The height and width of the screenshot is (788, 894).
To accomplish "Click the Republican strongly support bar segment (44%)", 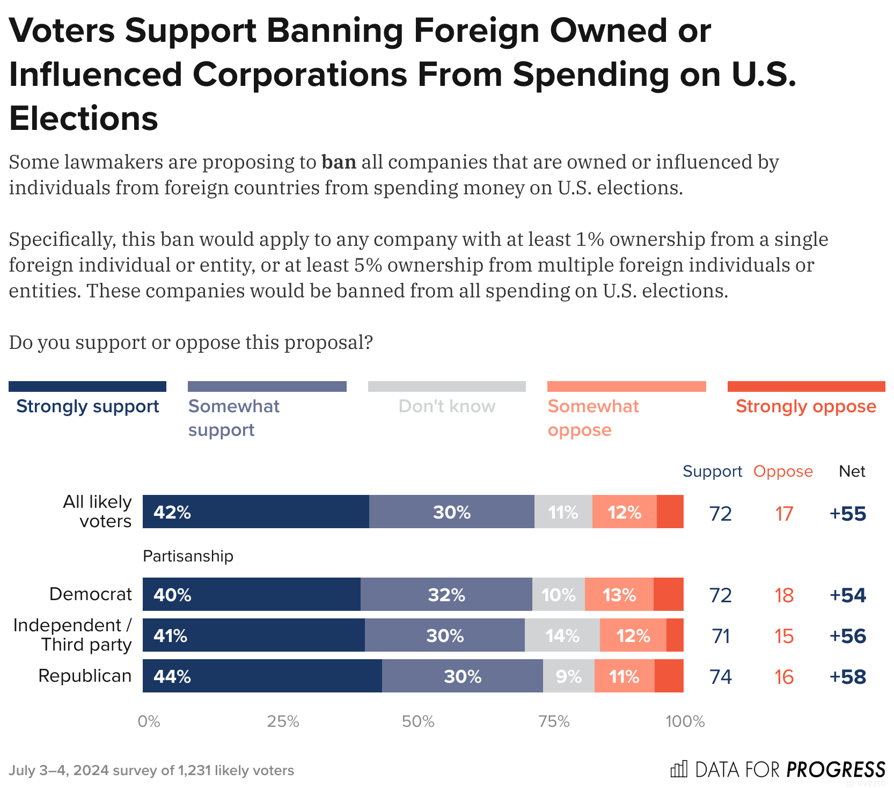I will (x=262, y=676).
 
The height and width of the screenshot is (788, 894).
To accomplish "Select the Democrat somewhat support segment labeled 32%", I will (x=446, y=594).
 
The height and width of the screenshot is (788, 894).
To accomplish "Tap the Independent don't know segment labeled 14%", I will (x=562, y=635).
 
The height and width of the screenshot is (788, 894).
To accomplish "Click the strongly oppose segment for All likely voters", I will (x=670, y=512).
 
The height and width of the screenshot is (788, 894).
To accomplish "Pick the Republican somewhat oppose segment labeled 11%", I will (x=624, y=676).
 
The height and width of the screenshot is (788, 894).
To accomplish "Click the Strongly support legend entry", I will (x=87, y=406).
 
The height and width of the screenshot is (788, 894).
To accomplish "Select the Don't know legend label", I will (x=446, y=406).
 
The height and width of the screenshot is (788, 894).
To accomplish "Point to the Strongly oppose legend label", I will (x=805, y=406).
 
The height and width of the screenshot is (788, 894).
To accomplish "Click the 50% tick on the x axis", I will (x=418, y=721).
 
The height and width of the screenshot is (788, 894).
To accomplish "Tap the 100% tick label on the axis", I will (x=685, y=721).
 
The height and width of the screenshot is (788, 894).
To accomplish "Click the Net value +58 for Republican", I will (x=847, y=676).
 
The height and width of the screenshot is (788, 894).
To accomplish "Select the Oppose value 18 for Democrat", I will (x=784, y=595).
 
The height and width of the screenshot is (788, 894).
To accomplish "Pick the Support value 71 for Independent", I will (x=721, y=636).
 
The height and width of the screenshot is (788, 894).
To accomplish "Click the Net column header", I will (x=852, y=471).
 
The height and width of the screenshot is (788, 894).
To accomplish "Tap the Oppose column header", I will (x=783, y=471).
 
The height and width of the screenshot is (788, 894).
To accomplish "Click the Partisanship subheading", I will (x=188, y=556).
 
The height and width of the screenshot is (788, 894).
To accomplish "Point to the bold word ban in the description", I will (x=339, y=162).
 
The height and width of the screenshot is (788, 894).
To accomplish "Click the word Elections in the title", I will (x=84, y=118).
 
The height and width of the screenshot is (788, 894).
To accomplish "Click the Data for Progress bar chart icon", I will (x=679, y=769).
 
